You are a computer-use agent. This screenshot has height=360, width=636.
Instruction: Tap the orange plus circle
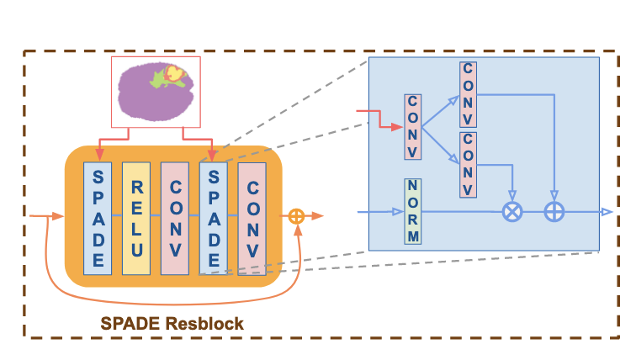click(x=296, y=216)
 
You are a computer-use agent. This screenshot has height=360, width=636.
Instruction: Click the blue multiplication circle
click(x=511, y=212)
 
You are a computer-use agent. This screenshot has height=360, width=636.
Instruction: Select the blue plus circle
click(x=554, y=212)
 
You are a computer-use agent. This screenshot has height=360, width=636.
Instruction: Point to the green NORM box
click(x=412, y=211)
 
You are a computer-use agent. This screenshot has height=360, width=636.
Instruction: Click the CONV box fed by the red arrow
click(x=412, y=126)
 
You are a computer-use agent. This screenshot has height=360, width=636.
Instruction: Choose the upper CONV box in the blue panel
click(x=468, y=90)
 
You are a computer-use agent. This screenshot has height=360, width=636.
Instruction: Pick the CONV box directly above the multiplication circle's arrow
click(x=468, y=164)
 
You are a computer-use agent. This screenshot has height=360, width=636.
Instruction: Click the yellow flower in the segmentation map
click(x=174, y=74)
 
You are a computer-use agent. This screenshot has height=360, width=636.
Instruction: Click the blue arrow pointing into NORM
click(x=383, y=211)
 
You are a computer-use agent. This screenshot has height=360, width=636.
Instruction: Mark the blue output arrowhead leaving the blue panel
click(x=607, y=212)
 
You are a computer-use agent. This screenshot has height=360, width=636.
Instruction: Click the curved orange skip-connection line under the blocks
click(x=168, y=294)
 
